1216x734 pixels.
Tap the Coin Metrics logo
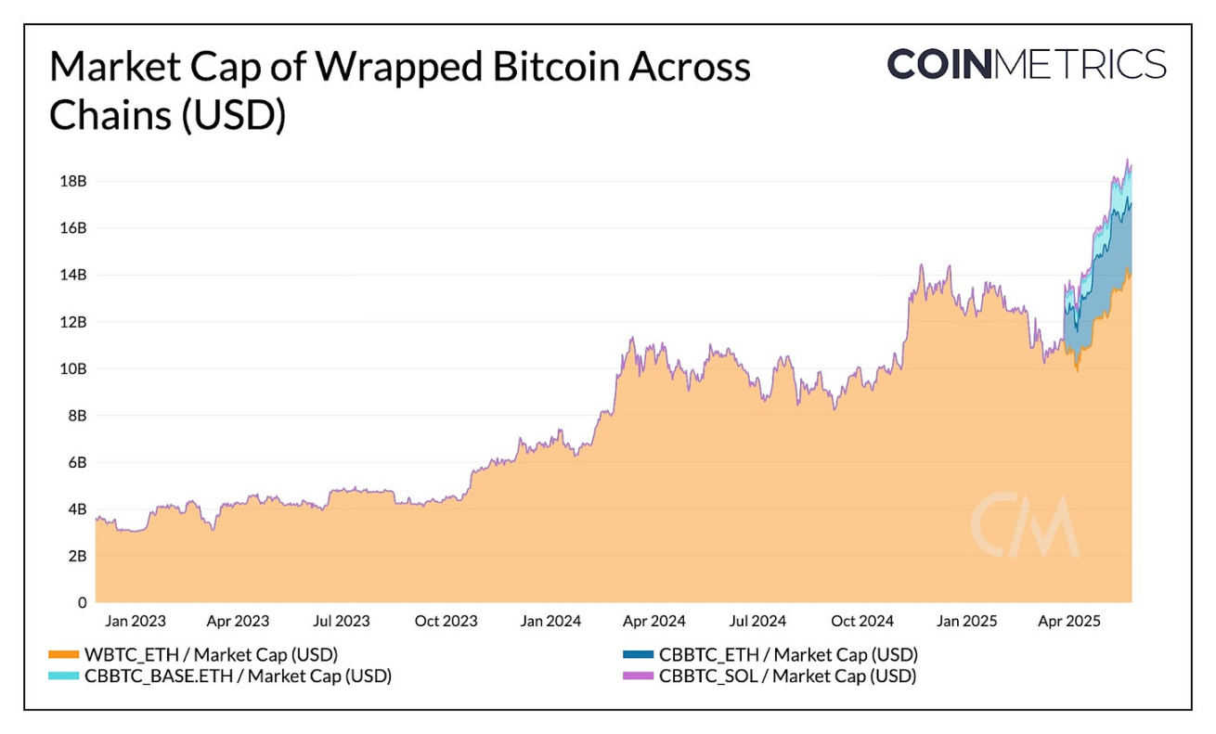(x=1026, y=64)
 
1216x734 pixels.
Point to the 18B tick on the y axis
(x=74, y=181)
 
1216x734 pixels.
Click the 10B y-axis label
(x=74, y=368)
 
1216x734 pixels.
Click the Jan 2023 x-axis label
(x=130, y=621)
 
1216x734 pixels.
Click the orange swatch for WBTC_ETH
(x=63, y=653)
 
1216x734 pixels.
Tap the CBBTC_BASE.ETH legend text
(x=238, y=676)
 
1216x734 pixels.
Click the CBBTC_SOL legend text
(x=787, y=676)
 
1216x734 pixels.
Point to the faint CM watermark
(x=1025, y=526)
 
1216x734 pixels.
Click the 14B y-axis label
(x=74, y=275)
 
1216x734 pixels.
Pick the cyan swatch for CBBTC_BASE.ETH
(x=63, y=676)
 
